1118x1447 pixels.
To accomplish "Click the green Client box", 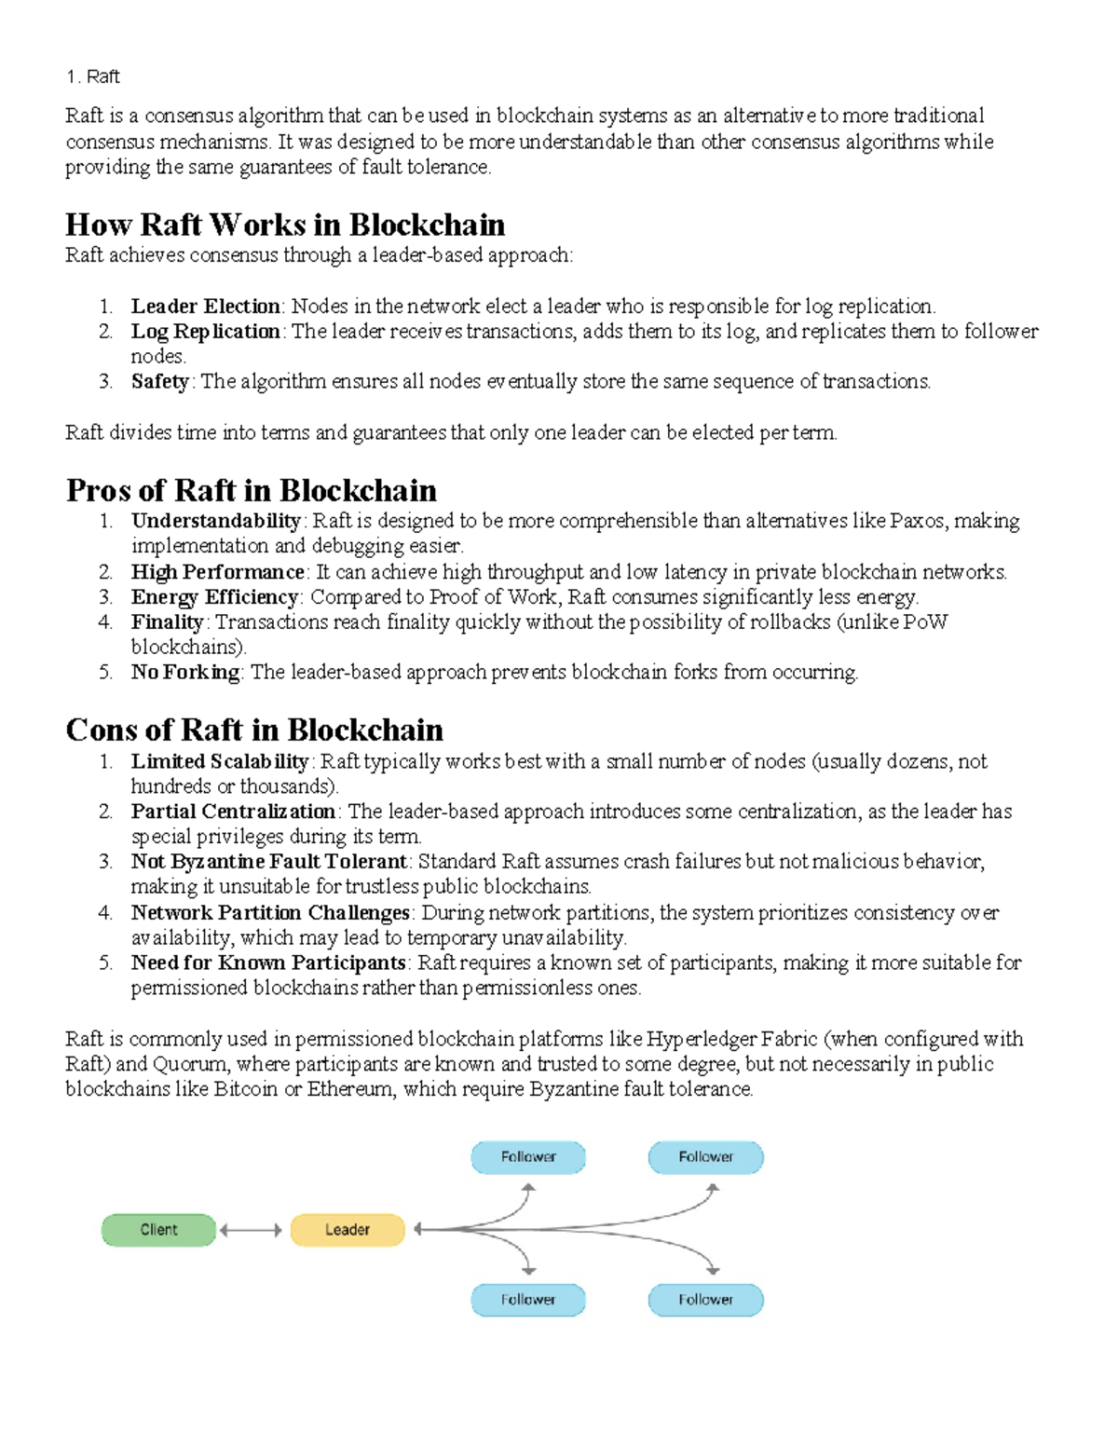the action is (x=158, y=1230).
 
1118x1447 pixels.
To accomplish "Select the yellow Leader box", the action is (x=348, y=1230).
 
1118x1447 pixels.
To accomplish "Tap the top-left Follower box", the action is (x=528, y=1157).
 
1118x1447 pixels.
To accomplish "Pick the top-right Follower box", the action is (x=705, y=1157).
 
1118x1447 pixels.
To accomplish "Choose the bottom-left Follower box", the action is (x=528, y=1300).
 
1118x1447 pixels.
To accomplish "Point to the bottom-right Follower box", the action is (x=705, y=1300).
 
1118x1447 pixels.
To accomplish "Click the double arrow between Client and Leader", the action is (x=250, y=1230).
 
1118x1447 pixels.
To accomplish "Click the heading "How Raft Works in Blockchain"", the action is (x=285, y=225).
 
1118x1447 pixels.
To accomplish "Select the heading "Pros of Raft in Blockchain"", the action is (x=252, y=490).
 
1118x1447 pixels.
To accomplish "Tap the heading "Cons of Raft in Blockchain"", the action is (x=254, y=730).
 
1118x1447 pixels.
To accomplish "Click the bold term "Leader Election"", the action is (x=205, y=307).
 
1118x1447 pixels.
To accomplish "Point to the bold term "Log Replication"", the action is (x=205, y=332).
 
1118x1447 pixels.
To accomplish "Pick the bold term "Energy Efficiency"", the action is (x=214, y=597).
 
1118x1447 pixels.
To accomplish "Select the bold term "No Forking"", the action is (x=185, y=673).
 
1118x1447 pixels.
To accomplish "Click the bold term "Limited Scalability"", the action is (x=219, y=762).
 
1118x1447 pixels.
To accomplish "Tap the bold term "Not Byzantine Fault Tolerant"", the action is (x=268, y=862).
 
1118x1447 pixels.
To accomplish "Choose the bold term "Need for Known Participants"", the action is (x=268, y=962).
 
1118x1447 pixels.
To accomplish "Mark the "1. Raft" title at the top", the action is (x=92, y=76).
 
